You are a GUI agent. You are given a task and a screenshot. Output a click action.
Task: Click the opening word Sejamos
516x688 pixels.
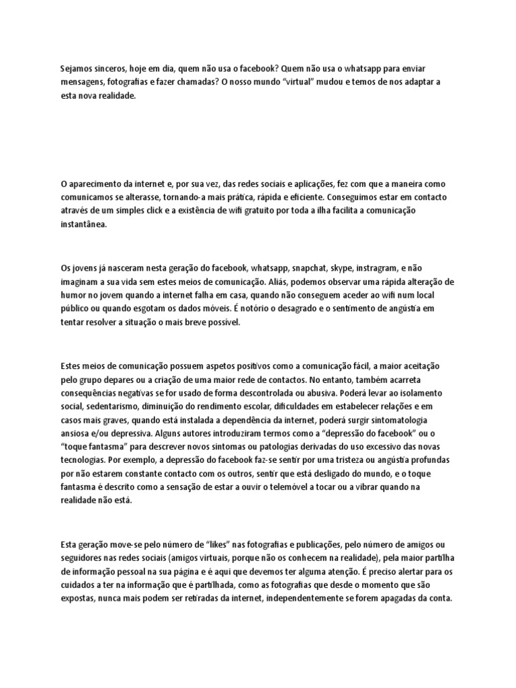(x=77, y=69)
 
